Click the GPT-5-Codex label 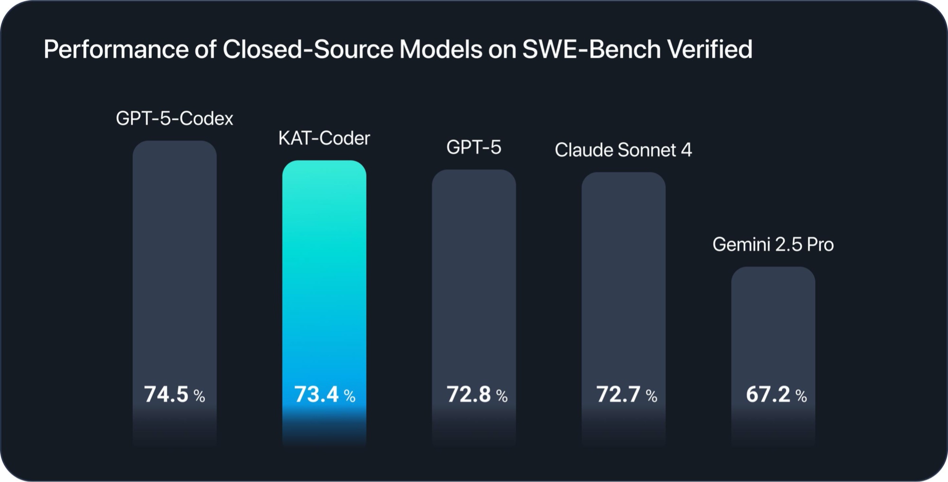(174, 118)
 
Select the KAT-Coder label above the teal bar (324, 138)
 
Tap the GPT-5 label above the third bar (474, 147)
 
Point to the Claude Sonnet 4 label (623, 150)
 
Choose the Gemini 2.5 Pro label (773, 245)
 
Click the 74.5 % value (174, 394)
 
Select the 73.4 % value (324, 394)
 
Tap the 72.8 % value (476, 394)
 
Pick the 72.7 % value (626, 394)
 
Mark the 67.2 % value (776, 394)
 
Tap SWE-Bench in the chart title (591, 49)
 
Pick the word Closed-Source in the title (308, 49)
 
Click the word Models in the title (440, 49)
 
